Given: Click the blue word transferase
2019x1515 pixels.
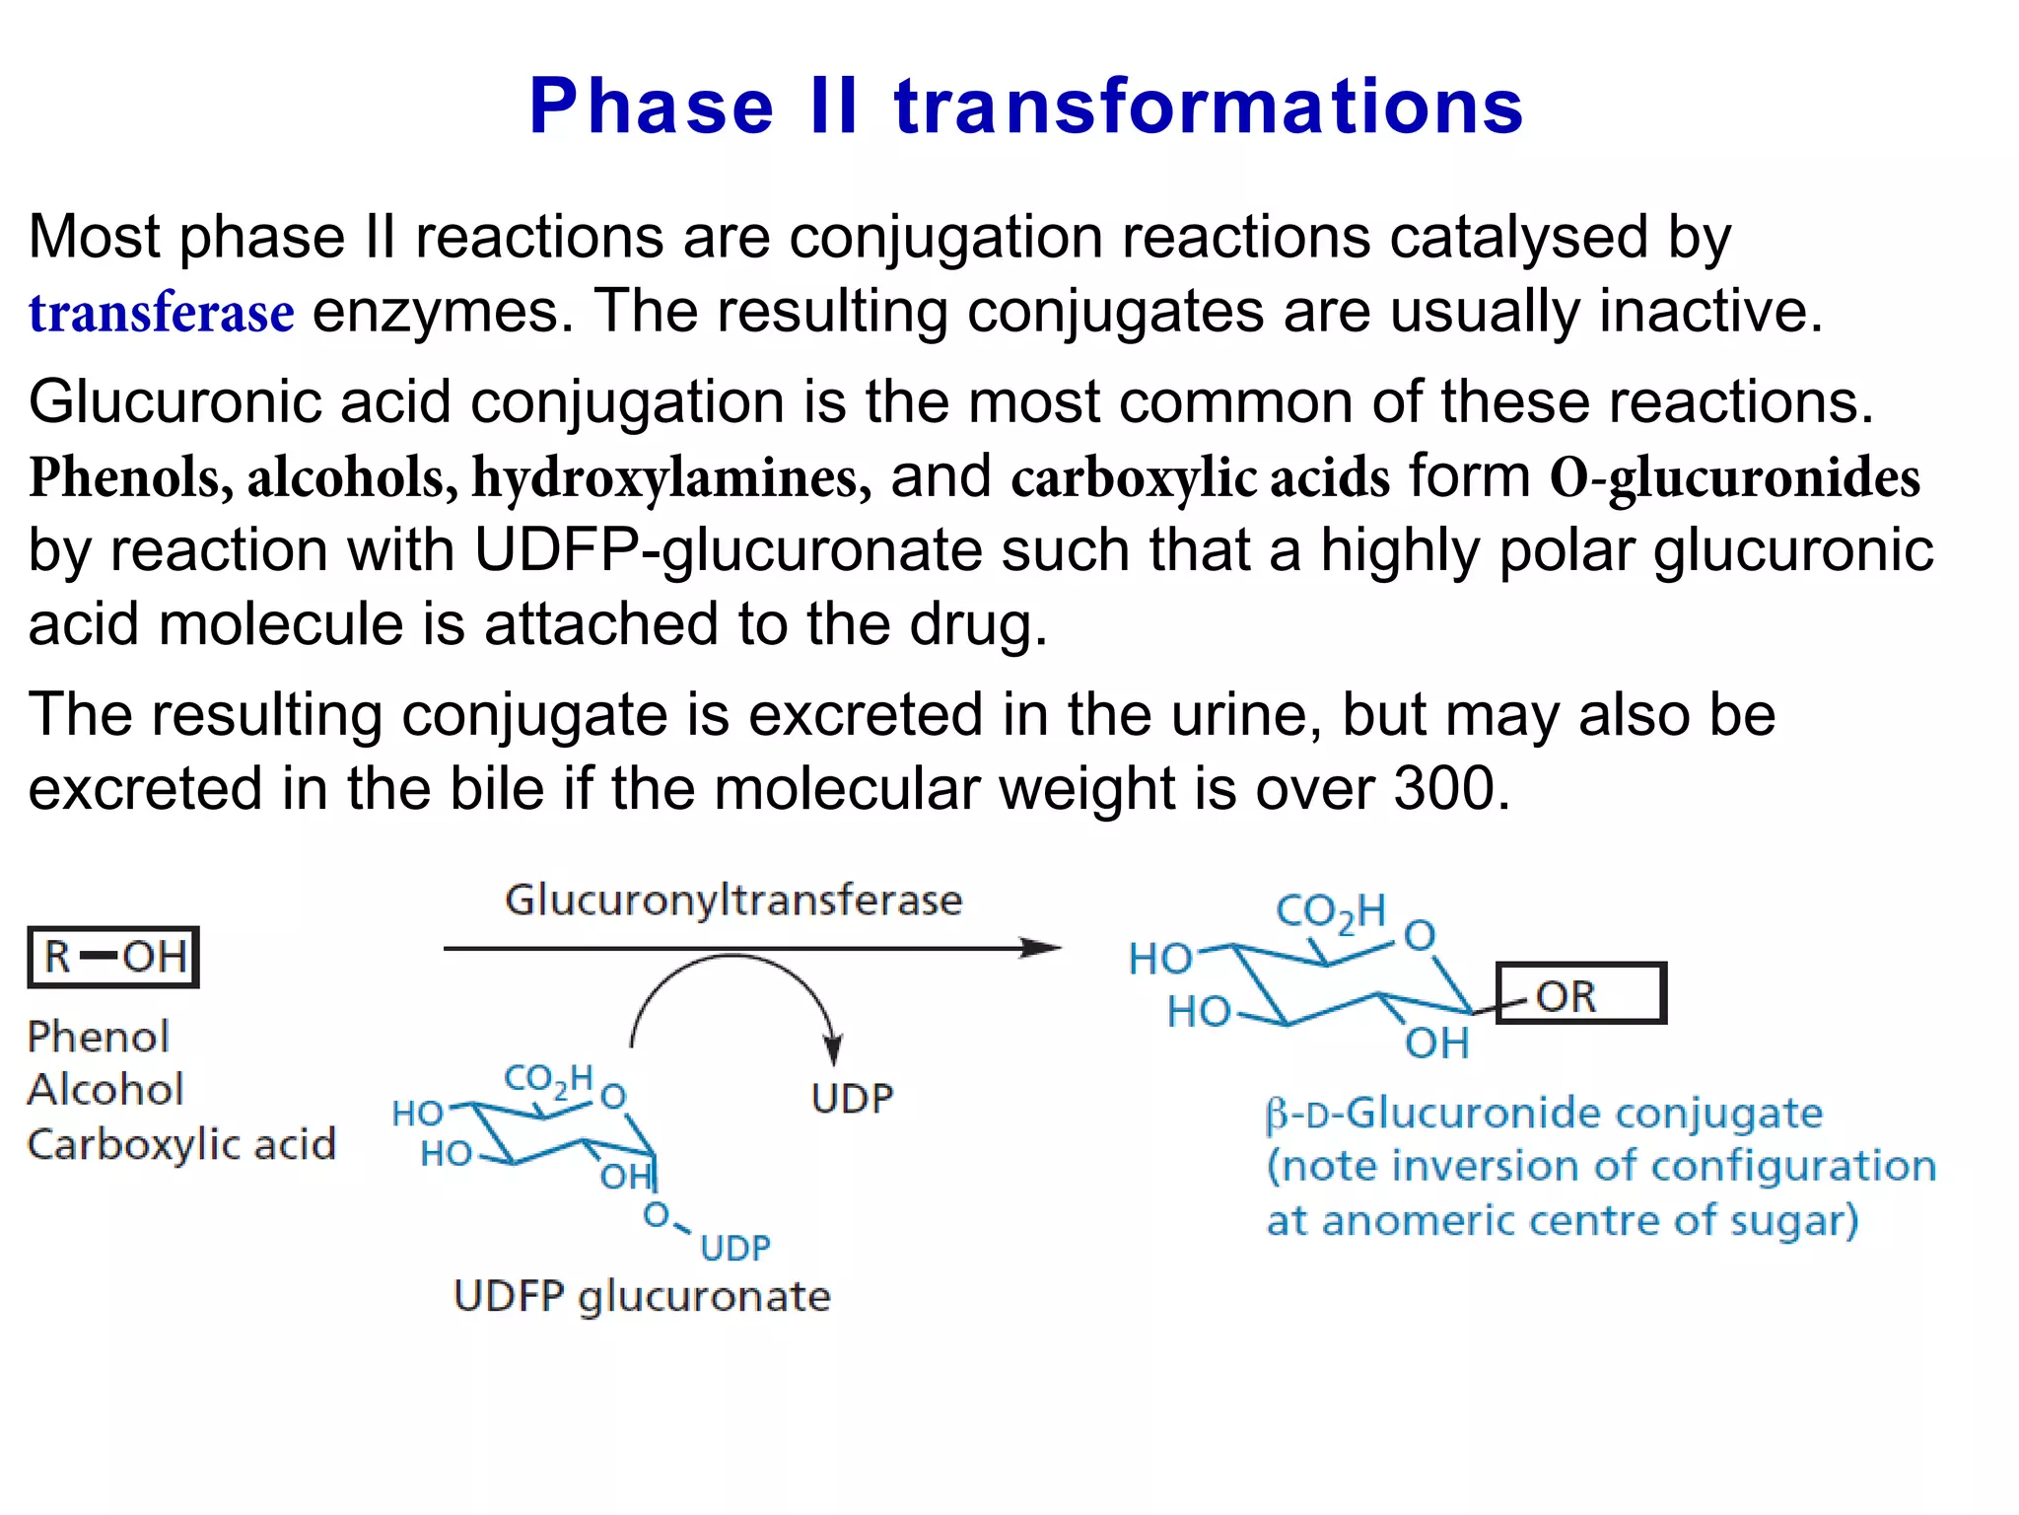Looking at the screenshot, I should click(x=161, y=314).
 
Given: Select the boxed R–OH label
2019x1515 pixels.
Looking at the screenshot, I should click(x=113, y=957).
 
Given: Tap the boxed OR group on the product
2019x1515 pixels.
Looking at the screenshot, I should click(x=1580, y=994).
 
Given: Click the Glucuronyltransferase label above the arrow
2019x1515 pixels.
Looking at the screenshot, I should click(x=733, y=900).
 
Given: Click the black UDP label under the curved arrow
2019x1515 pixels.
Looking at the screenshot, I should click(x=852, y=1098).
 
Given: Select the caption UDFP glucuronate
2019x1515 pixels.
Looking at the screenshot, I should click(x=642, y=1296).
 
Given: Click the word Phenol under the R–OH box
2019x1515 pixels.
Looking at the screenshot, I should click(x=99, y=1037).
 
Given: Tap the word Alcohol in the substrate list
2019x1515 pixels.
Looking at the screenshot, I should click(x=105, y=1090).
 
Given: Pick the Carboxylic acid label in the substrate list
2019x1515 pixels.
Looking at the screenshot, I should click(x=181, y=1144).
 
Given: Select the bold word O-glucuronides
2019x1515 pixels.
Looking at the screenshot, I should click(x=1734, y=477).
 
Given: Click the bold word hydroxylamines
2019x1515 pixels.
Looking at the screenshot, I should click(x=670, y=477).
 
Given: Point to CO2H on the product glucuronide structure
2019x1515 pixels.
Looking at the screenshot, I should click(x=1330, y=911).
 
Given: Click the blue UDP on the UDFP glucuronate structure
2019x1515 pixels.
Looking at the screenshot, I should click(x=735, y=1248).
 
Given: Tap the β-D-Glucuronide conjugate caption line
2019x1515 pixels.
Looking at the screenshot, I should click(x=1544, y=1114).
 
